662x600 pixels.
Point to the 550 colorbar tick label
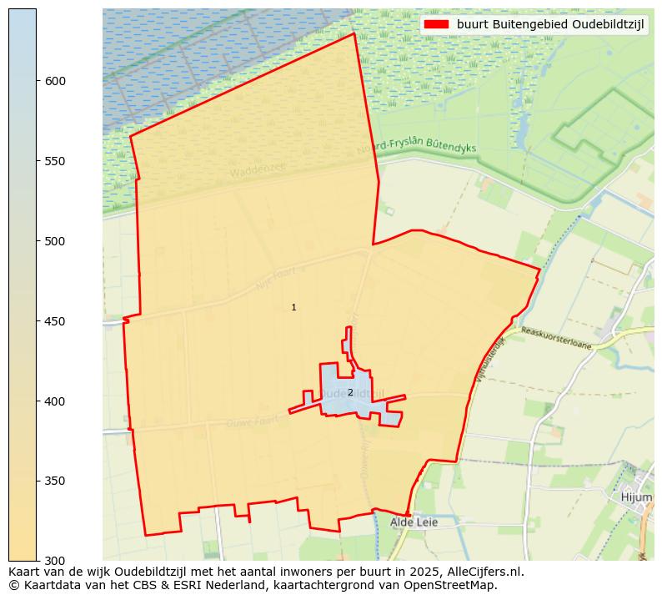55,161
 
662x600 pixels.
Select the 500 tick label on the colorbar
55,241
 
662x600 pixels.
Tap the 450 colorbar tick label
55,321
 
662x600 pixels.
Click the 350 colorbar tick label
55,482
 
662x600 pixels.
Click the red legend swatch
436,24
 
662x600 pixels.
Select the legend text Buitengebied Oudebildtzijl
551,24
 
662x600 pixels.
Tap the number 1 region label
293,308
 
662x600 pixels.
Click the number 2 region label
350,392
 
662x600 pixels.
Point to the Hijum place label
636,497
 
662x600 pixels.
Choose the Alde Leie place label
414,522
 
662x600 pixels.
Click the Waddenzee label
258,170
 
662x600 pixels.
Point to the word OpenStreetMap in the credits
455,585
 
